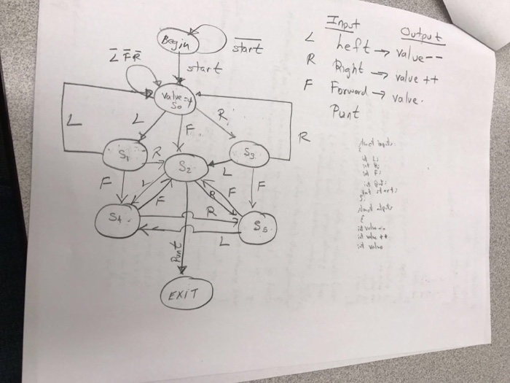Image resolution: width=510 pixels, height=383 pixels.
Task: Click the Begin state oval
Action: click(174, 41)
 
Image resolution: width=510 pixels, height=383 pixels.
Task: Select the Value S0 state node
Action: click(170, 99)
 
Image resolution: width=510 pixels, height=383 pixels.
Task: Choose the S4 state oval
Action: click(119, 218)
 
